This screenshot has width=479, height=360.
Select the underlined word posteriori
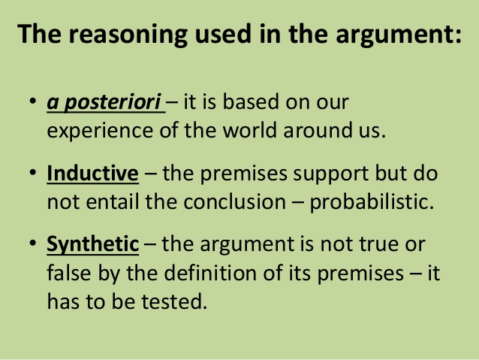tap(113, 102)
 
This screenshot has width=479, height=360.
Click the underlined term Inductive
tap(92, 173)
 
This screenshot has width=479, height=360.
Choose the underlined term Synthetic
tap(92, 245)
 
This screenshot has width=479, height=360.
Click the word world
tap(250, 130)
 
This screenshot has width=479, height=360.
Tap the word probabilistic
tap(372, 202)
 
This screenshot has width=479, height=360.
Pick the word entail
tap(112, 201)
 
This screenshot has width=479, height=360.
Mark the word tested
tap(174, 301)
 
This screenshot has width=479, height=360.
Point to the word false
tap(69, 272)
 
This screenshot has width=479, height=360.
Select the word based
tap(251, 101)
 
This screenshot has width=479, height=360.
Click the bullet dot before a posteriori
tap(33, 101)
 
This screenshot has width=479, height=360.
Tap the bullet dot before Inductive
tap(33, 173)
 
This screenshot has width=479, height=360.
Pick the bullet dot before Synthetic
tap(33, 244)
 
